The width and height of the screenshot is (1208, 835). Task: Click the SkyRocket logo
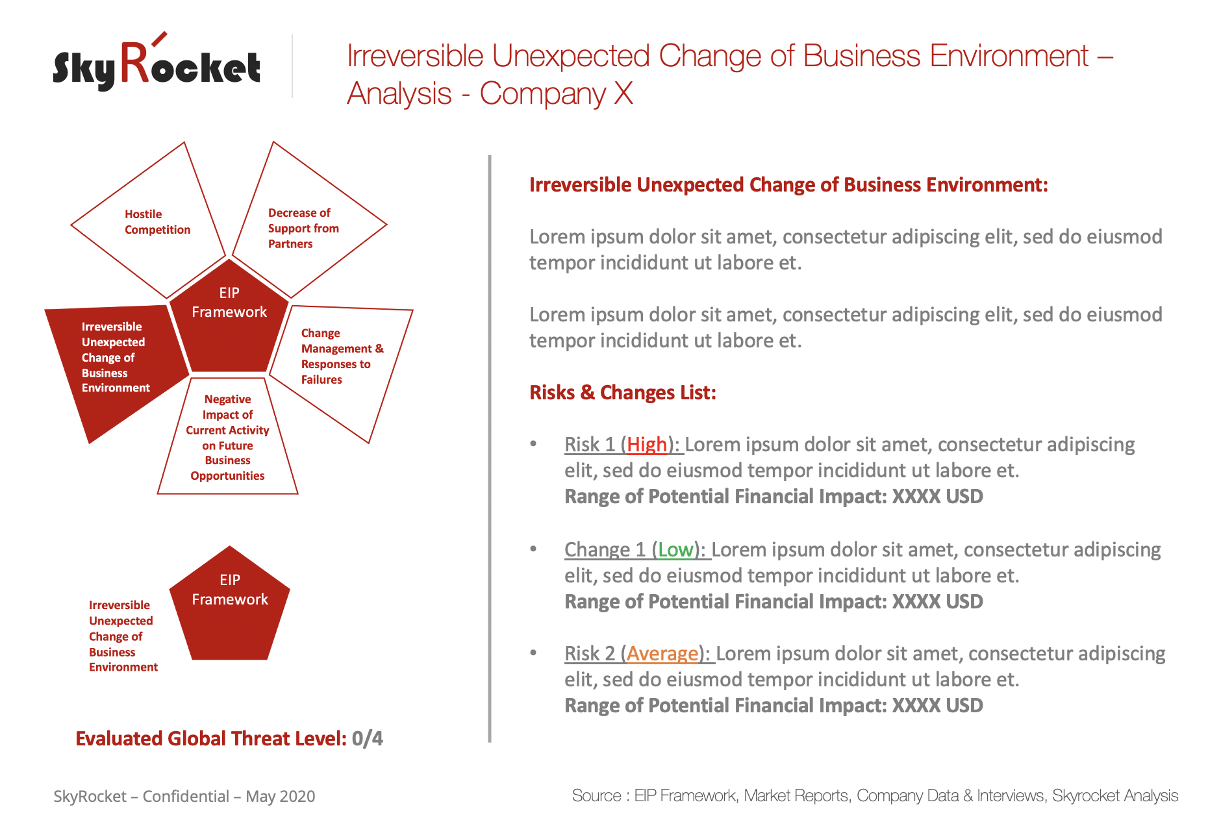pos(157,62)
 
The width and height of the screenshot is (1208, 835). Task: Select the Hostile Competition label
pos(157,222)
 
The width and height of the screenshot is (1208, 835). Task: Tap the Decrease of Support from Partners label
pos(303,229)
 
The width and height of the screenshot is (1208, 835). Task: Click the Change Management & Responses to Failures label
pos(342,356)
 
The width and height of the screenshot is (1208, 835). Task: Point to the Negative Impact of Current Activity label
pos(227,437)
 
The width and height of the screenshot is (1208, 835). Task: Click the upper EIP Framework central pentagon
pos(229,316)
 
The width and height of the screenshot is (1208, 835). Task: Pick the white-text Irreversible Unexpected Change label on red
pos(116,357)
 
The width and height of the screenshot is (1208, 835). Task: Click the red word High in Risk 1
pos(647,445)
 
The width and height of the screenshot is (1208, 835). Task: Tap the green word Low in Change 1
pos(675,550)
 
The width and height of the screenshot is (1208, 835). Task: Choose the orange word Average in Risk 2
pos(662,654)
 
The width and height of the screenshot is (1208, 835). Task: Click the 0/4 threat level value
pos(368,739)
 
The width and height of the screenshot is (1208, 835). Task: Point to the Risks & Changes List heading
pos(623,393)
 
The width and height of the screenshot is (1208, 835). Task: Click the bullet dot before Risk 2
pos(533,653)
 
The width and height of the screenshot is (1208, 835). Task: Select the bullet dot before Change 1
pos(533,549)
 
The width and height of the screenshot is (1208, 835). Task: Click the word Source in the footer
pos(597,796)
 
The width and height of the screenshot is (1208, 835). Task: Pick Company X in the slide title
pos(557,93)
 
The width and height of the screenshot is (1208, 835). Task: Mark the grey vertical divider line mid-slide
pos(490,449)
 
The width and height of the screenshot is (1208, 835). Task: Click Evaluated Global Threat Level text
pos(211,739)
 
